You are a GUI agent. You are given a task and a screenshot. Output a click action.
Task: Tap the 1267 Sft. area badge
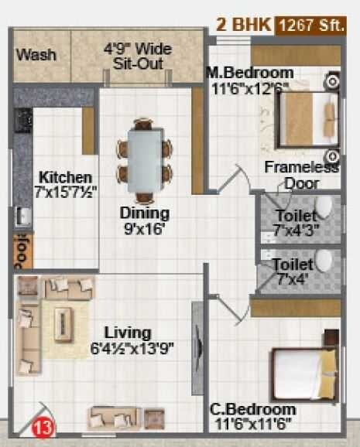[312, 24]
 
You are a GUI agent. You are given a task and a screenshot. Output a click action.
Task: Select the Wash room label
[36, 55]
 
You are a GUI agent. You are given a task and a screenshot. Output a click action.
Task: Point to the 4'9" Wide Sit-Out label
[138, 56]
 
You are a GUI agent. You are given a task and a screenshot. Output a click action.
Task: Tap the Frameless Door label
[301, 175]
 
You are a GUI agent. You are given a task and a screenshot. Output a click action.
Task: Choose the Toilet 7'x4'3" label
[295, 223]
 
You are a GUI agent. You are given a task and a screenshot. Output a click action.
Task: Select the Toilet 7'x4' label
[292, 271]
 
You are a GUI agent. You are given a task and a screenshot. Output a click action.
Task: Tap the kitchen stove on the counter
[22, 121]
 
